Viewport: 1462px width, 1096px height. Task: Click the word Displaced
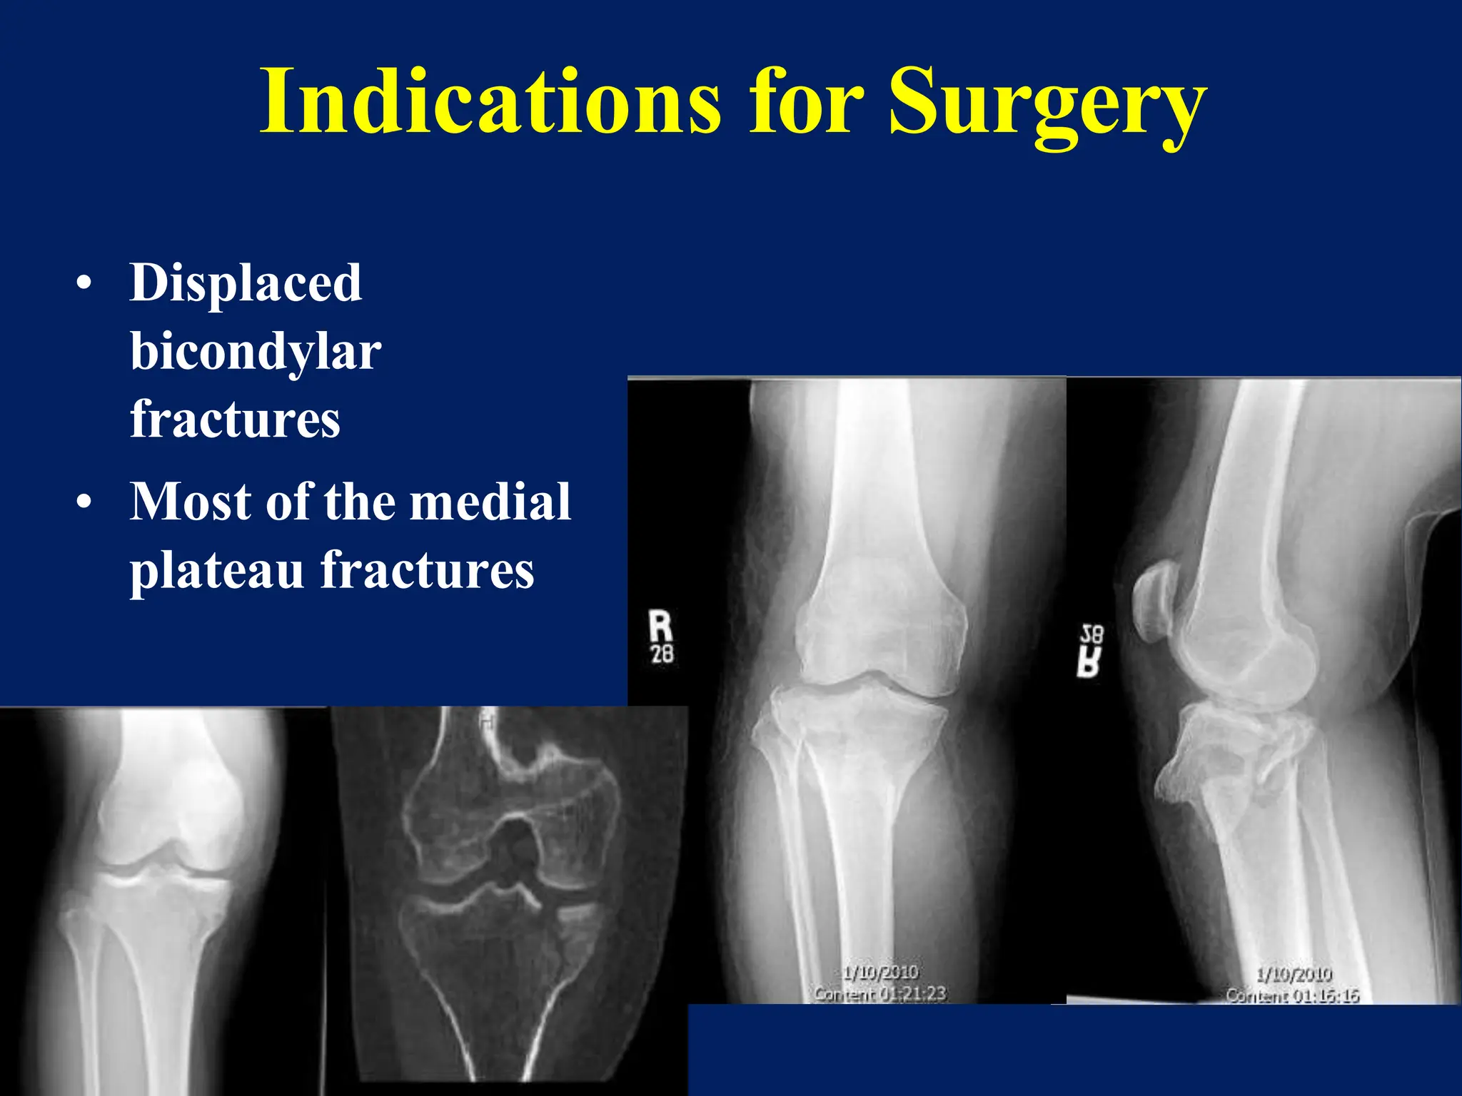click(x=246, y=283)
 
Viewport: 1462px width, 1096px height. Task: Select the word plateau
click(x=216, y=571)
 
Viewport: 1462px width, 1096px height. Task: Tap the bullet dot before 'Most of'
click(x=84, y=503)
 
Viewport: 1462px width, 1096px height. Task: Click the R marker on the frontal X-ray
click(x=660, y=626)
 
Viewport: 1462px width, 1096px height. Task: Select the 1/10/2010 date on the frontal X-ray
click(x=879, y=972)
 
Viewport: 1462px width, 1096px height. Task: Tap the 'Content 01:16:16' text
click(x=1292, y=995)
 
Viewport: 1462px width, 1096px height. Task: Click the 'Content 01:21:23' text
click(x=879, y=993)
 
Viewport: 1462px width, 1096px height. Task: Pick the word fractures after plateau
click(x=427, y=571)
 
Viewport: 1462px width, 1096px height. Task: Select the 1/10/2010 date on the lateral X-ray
click(x=1294, y=974)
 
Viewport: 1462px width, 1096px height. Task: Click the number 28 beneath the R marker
click(x=662, y=654)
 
